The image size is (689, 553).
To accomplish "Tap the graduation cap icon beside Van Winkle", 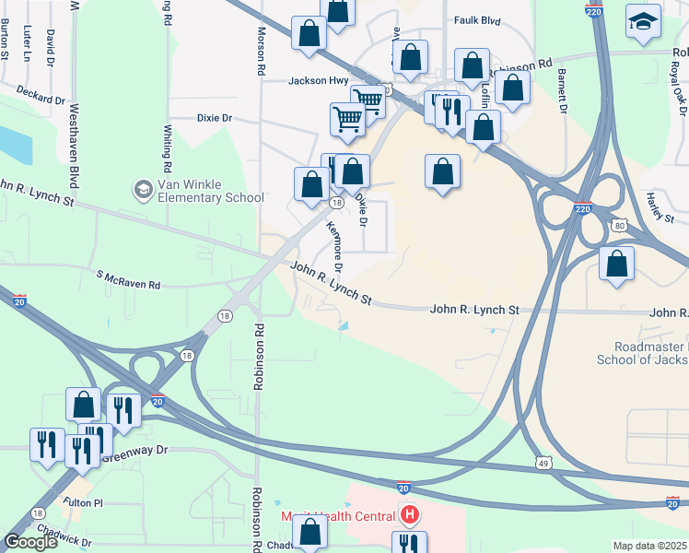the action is pos(143,191).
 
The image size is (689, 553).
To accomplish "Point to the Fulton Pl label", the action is pos(84,503).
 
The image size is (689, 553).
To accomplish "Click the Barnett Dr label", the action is pos(561,93).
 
